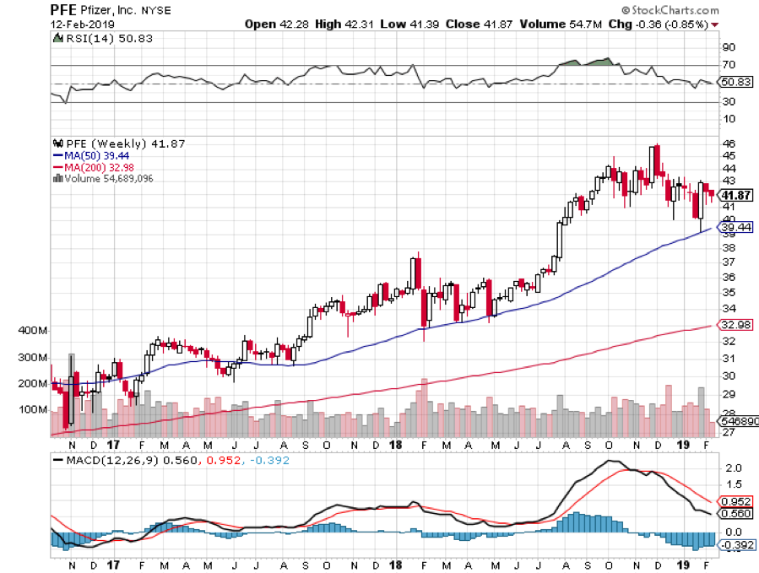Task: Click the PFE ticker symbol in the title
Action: tap(66, 9)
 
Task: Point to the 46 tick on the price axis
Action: tap(727, 144)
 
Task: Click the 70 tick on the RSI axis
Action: tap(727, 65)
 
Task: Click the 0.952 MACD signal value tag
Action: tap(733, 500)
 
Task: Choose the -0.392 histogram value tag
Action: tap(733, 545)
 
